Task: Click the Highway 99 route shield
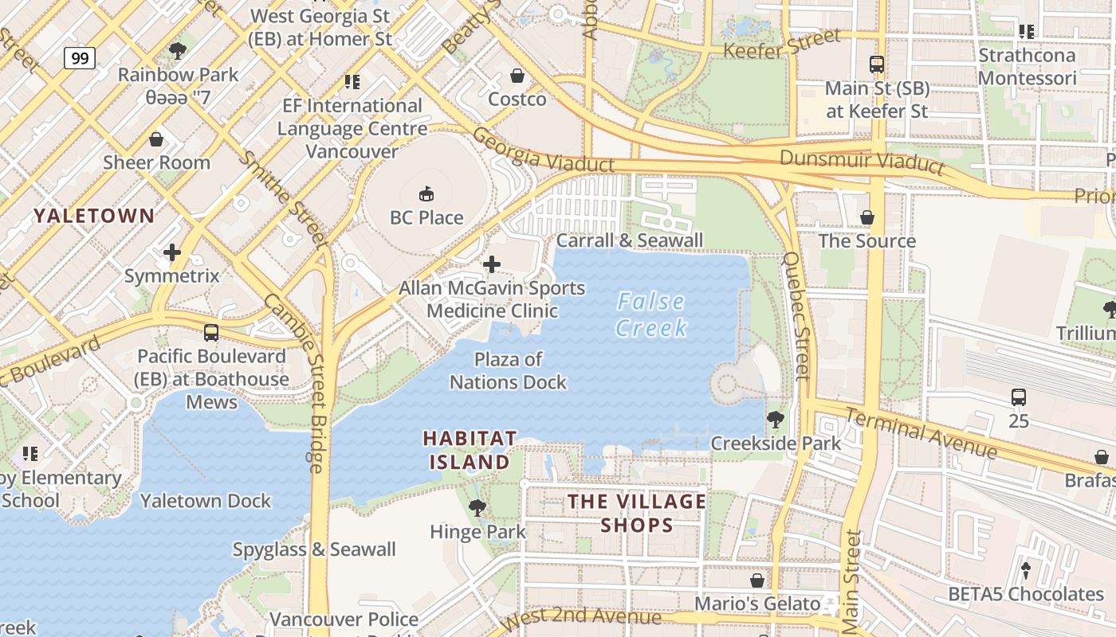click(x=80, y=58)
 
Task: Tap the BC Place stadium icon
click(x=426, y=193)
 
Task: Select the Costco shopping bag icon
click(x=517, y=76)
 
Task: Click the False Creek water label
click(x=652, y=315)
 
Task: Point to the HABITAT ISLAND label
click(x=470, y=450)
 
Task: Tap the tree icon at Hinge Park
click(x=477, y=507)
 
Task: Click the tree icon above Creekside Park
click(x=775, y=419)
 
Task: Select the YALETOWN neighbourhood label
click(x=94, y=215)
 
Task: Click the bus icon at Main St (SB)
click(x=877, y=64)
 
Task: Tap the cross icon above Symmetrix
click(x=171, y=253)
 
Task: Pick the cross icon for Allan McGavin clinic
click(x=492, y=264)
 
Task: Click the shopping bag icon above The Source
click(x=867, y=217)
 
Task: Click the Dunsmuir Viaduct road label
click(x=862, y=162)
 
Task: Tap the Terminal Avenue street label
click(x=921, y=433)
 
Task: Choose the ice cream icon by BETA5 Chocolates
click(x=1026, y=570)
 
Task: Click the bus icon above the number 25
click(x=1018, y=397)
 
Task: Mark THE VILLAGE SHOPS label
click(x=636, y=513)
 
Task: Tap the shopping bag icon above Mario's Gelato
click(x=757, y=580)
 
